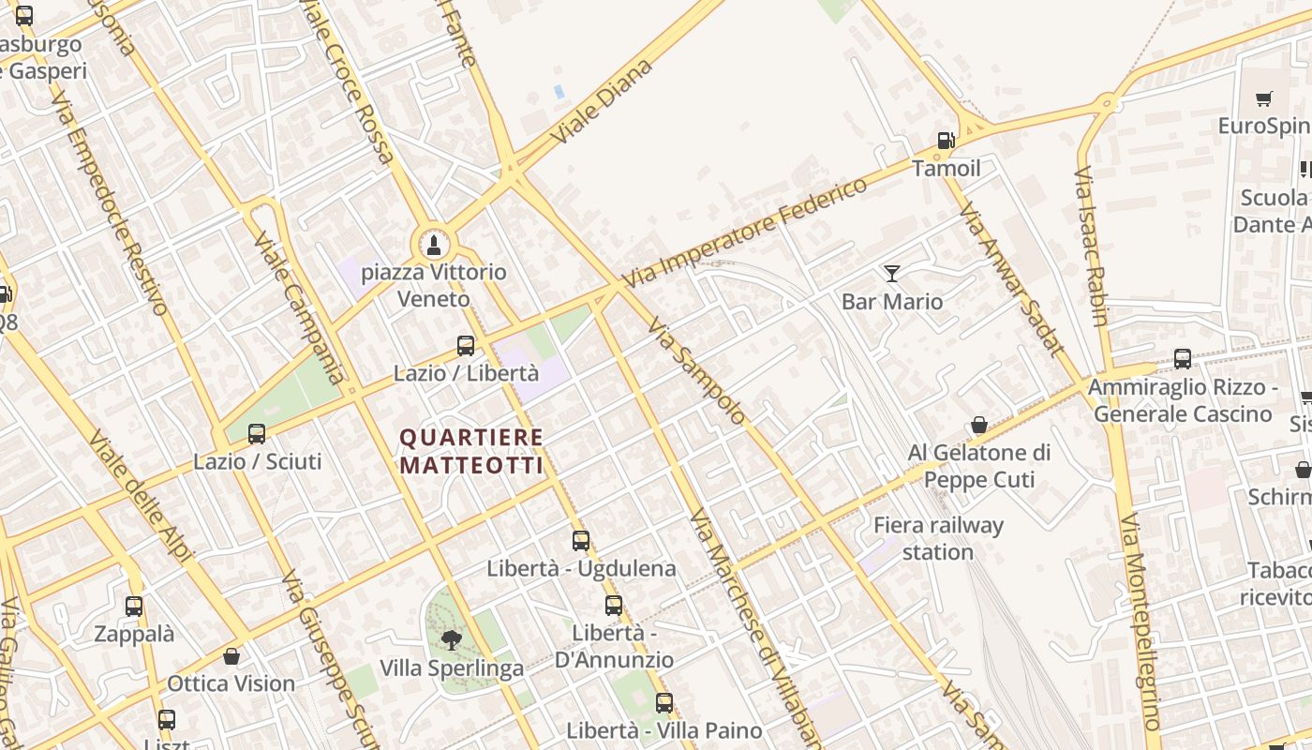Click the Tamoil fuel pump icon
click(946, 142)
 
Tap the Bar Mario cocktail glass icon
click(891, 274)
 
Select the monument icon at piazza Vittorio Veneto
click(433, 246)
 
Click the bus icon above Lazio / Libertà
click(466, 346)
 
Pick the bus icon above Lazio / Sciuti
click(257, 434)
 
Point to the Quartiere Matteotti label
click(471, 451)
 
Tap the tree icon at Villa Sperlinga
click(452, 640)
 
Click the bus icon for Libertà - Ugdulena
click(581, 541)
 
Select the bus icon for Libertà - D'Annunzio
click(614, 606)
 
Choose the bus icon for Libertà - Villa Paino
click(664, 702)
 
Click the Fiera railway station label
click(938, 538)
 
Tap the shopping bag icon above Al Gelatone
click(979, 426)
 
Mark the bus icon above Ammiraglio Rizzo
click(1183, 359)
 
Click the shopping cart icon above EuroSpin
click(1264, 98)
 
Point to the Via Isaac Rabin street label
click(1091, 247)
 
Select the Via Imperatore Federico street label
click(745, 232)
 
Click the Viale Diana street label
click(601, 101)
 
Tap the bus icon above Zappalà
click(134, 607)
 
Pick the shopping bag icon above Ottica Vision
click(231, 656)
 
